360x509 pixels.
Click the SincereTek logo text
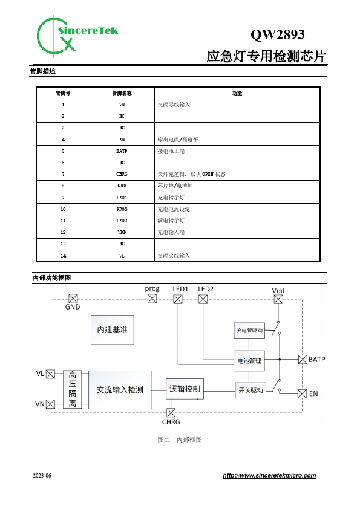pos(88,31)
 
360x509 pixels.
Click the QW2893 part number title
pos(278,34)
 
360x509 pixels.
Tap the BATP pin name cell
pos(122,151)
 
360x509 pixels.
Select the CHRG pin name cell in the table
pos(122,174)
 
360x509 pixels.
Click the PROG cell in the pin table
pos(122,209)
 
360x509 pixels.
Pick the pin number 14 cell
pos(63,256)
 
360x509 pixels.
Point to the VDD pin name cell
pos(122,232)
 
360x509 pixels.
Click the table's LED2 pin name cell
pos(122,221)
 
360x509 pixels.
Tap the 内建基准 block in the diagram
pos(113,330)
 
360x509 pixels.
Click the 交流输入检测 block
pos(120,390)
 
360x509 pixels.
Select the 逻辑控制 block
pos(185,389)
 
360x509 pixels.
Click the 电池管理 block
pos(249,361)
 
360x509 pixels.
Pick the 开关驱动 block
pos(250,390)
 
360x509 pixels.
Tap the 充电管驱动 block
pos(249,331)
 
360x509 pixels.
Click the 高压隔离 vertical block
pos(72,389)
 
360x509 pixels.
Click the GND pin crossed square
pos(73,299)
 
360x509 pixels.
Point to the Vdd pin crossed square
pos(278,299)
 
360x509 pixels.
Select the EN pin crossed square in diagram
pos(302,394)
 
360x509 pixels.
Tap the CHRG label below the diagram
pos(171,422)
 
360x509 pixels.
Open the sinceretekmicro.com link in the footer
pos(269,475)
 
